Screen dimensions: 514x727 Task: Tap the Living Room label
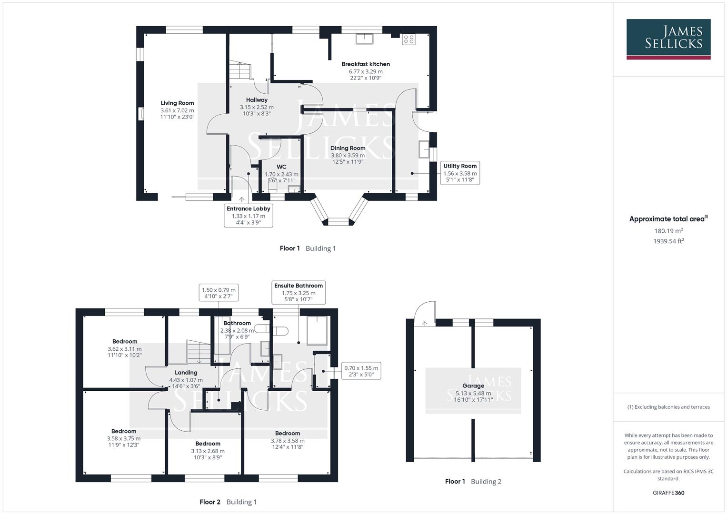click(x=177, y=103)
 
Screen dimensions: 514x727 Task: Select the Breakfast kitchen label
click(x=366, y=64)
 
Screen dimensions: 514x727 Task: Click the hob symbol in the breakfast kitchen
click(x=408, y=39)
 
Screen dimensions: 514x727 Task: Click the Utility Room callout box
click(x=459, y=173)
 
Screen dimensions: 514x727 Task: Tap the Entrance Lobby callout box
click(x=248, y=216)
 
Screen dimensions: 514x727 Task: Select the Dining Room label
click(x=348, y=148)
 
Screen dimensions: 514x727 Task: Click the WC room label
click(x=281, y=167)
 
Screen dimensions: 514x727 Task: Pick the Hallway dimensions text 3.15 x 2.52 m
click(x=257, y=108)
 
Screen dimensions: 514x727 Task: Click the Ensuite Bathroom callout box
click(x=299, y=292)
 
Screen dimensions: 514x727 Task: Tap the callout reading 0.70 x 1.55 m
click(x=361, y=371)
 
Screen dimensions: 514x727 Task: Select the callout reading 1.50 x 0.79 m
click(x=219, y=293)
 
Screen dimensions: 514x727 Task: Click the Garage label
click(x=473, y=386)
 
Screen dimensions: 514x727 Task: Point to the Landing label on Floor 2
click(x=186, y=373)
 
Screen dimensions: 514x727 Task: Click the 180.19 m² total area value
click(x=668, y=231)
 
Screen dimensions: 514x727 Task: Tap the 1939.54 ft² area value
click(x=668, y=241)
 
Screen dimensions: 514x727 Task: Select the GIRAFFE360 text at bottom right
click(x=668, y=493)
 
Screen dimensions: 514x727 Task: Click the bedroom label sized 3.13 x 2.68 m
click(x=208, y=444)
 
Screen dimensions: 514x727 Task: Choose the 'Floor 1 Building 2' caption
click(x=473, y=481)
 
